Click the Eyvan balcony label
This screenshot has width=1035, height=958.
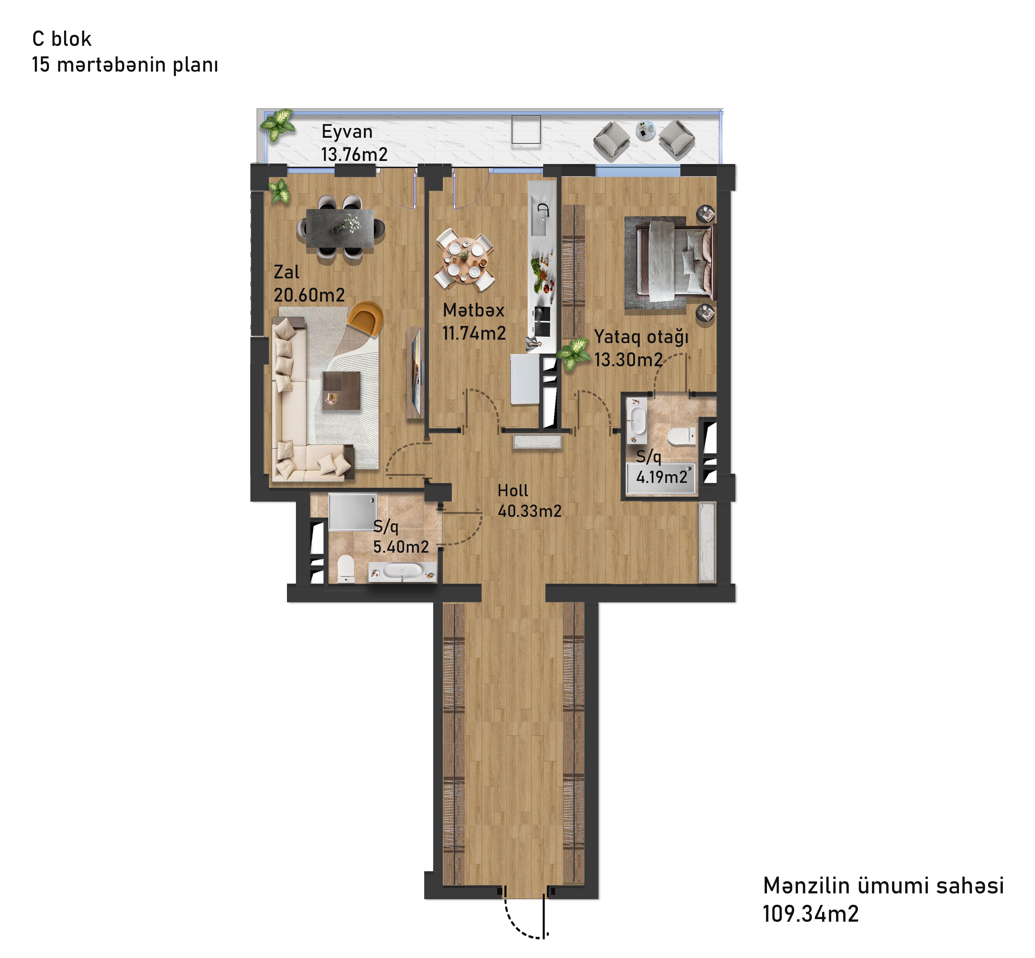(x=347, y=132)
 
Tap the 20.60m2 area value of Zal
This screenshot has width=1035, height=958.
(x=309, y=295)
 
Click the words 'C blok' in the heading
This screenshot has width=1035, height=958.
(x=62, y=39)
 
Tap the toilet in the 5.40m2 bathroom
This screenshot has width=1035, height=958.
(x=346, y=569)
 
